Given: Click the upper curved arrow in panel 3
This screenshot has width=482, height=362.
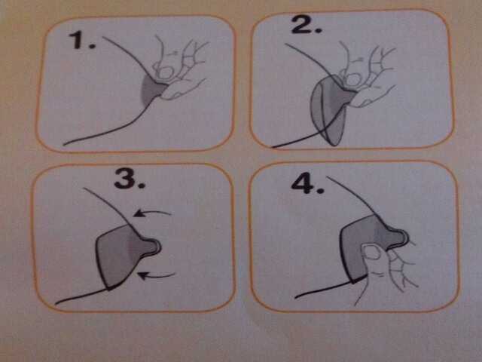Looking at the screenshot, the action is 152,213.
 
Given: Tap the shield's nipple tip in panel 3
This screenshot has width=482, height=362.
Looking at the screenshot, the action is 157,246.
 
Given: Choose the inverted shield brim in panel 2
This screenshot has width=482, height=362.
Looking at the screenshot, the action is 328,112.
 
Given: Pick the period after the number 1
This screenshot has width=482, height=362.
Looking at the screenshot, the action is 92,46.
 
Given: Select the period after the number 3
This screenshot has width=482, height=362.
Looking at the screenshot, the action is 141,186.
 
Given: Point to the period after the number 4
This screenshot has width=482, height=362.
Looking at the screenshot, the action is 320,190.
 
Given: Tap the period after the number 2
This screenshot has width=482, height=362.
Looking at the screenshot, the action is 319,30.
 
